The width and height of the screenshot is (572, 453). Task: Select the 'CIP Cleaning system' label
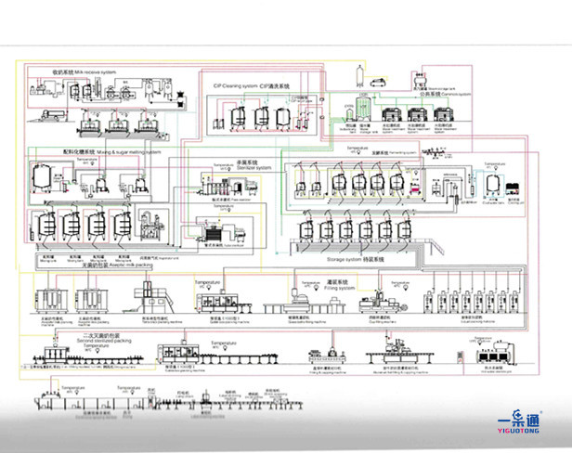(x=252, y=84)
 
